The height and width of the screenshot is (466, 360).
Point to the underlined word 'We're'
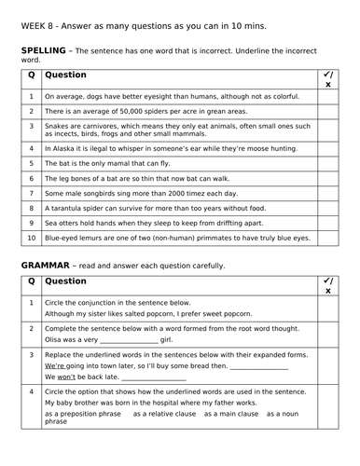55,367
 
